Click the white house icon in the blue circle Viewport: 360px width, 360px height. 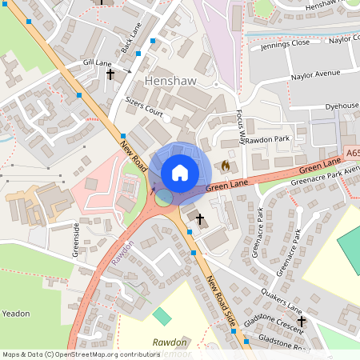click(180, 172)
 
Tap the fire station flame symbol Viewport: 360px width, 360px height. click(226, 166)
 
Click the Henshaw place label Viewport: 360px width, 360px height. click(170, 82)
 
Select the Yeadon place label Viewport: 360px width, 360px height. click(15, 313)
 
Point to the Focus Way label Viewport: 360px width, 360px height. click(241, 127)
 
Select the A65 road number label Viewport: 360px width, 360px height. click(353, 151)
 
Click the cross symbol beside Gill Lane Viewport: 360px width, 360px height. click(110, 74)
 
